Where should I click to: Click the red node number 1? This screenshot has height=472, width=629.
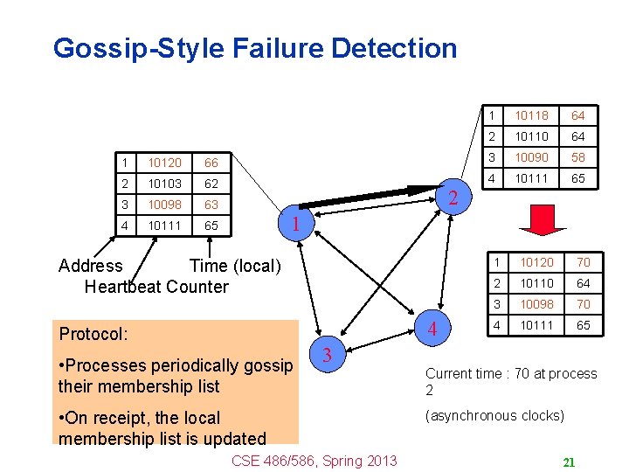[295, 224]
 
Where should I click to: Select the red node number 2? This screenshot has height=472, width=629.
[452, 198]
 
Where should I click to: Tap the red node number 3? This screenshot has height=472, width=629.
[326, 354]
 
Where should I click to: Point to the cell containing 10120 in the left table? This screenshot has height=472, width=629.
[164, 163]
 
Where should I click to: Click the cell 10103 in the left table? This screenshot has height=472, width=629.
[164, 184]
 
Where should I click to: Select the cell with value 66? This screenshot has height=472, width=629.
[211, 163]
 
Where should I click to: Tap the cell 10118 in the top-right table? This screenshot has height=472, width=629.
[531, 115]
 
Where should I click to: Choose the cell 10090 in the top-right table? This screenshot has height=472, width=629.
[531, 157]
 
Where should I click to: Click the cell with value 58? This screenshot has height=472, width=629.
[578, 157]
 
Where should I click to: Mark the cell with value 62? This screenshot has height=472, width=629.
[211, 184]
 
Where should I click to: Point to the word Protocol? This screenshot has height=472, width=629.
[93, 334]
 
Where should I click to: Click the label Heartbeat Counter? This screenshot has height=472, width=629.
[156, 287]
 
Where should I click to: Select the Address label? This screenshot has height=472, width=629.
[90, 266]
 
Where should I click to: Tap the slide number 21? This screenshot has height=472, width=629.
[568, 462]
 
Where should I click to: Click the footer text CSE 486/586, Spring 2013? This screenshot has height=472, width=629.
[314, 461]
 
